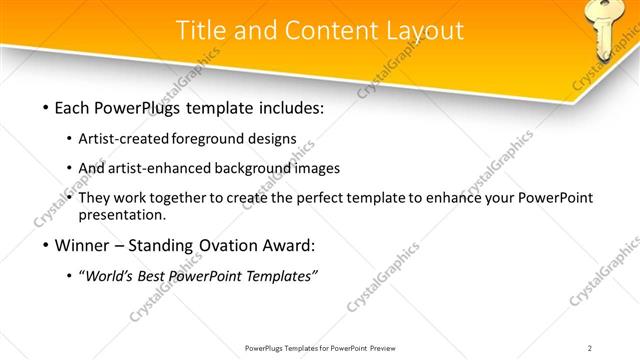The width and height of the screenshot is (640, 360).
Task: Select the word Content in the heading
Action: tap(323, 31)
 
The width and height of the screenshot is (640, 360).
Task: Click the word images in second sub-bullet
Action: tap(318, 168)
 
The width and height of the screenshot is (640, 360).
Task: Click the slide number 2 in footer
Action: tap(590, 348)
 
